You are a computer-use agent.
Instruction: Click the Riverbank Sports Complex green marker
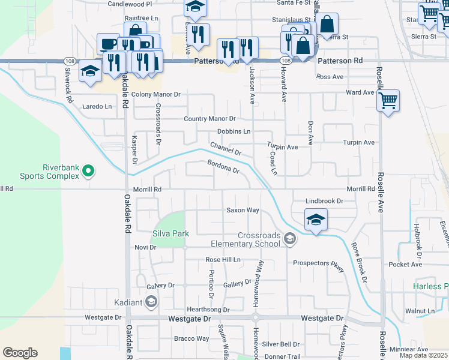coord(88,172)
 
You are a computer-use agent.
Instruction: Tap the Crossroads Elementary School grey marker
coord(290,239)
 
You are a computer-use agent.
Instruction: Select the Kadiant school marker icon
coord(151,301)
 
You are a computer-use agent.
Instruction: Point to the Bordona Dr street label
coord(223,166)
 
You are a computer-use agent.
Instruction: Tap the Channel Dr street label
coord(225,148)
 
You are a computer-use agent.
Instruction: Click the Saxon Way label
coord(243,210)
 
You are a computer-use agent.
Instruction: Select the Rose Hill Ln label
coord(223,259)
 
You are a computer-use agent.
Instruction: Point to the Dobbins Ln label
coord(234,131)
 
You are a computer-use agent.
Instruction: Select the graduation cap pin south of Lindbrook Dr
coord(316,219)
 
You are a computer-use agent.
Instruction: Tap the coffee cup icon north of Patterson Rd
coord(109,44)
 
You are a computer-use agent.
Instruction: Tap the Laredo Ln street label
coord(97,107)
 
